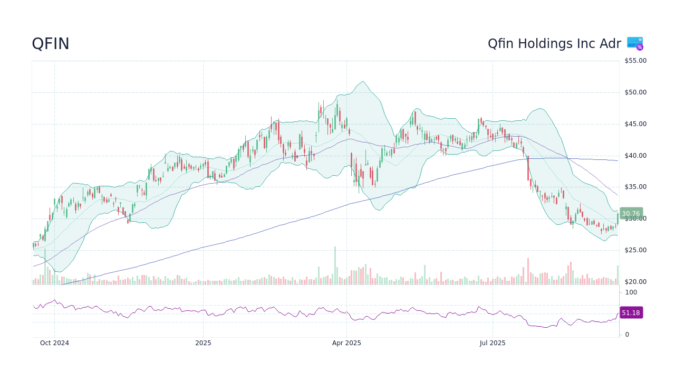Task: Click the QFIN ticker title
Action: click(x=51, y=44)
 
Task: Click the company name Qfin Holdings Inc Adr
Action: click(x=554, y=44)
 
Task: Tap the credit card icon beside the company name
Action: click(x=635, y=43)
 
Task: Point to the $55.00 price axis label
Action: click(x=635, y=61)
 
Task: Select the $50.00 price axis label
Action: click(x=635, y=92)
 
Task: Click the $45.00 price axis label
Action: click(x=635, y=124)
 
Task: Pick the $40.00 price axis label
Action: click(x=635, y=156)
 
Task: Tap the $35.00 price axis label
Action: click(x=635, y=187)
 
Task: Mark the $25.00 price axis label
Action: click(x=635, y=250)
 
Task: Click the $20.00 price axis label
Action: click(x=635, y=282)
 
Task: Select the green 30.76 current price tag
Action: click(x=631, y=214)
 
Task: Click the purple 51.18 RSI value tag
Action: click(x=631, y=313)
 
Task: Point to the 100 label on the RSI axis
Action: click(x=631, y=292)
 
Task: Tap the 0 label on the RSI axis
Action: click(x=627, y=335)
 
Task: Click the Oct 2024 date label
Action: click(x=54, y=343)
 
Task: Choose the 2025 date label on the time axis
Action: click(x=203, y=343)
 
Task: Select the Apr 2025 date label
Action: click(x=346, y=343)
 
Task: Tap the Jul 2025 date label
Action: click(x=493, y=343)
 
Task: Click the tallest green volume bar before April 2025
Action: click(x=334, y=265)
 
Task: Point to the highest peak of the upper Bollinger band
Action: click(x=363, y=81)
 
